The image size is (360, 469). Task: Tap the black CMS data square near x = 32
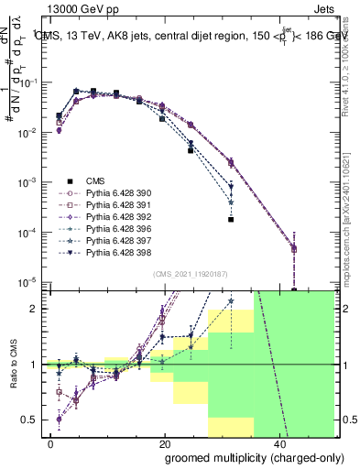point(231,220)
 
